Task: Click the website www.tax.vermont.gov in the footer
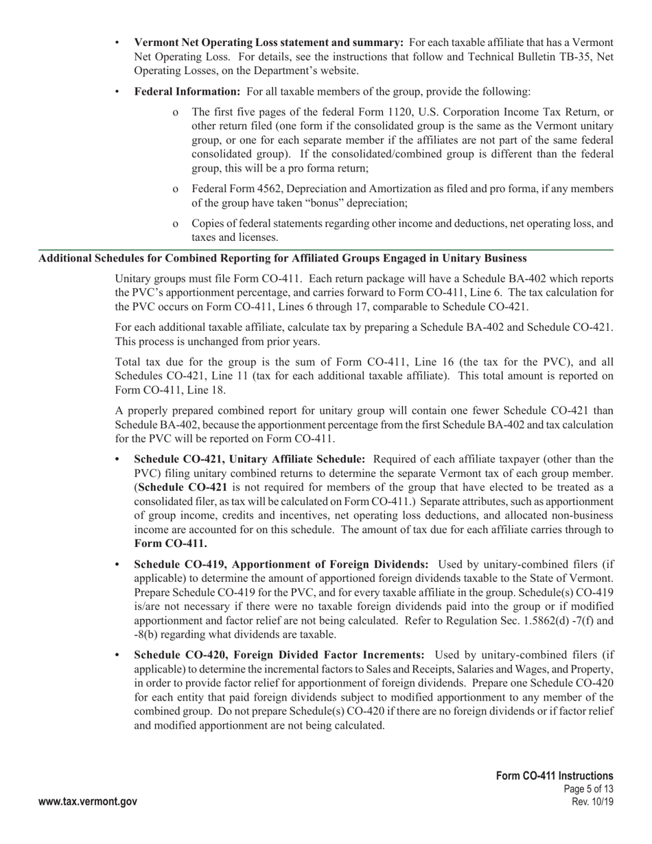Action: point(88,801)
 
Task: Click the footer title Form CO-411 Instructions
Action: point(555,775)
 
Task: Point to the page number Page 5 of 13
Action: point(587,789)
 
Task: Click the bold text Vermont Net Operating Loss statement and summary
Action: point(268,43)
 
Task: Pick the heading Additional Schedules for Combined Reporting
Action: point(282,258)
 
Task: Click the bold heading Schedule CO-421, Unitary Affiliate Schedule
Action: point(249,459)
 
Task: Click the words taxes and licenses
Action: point(225,238)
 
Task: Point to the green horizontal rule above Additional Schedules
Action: point(326,250)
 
